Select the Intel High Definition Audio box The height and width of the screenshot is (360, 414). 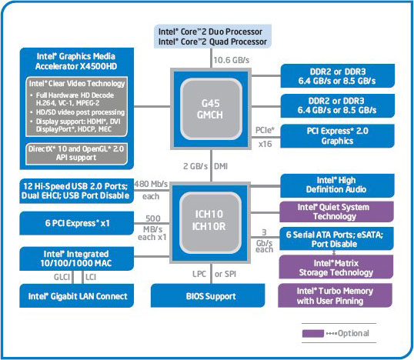click(334, 185)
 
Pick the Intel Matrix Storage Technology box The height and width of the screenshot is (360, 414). click(334, 267)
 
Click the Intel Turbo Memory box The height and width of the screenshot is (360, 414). click(334, 295)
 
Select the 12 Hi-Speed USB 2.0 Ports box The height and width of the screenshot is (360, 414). click(75, 189)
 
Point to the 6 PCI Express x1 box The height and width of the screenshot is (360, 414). click(75, 222)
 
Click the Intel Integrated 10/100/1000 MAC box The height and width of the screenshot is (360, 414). click(75, 258)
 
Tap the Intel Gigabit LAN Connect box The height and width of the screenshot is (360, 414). click(75, 295)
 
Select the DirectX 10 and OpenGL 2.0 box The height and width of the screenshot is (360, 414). click(75, 152)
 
